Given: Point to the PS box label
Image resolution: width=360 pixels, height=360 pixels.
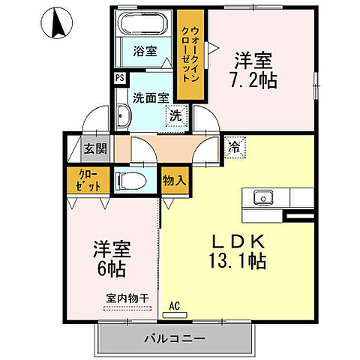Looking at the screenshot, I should click(x=120, y=77).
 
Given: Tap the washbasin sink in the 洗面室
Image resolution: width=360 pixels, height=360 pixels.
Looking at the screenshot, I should click(x=123, y=116).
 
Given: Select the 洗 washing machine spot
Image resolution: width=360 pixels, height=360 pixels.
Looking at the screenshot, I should click(x=174, y=116).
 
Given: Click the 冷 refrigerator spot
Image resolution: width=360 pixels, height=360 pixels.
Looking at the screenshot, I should click(x=233, y=148).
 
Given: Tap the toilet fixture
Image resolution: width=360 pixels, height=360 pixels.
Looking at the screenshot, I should click(x=132, y=180).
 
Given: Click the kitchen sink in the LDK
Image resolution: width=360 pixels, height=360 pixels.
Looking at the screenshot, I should click(x=262, y=198).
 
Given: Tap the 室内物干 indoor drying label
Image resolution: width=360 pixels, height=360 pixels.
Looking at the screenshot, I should click(x=127, y=298).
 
